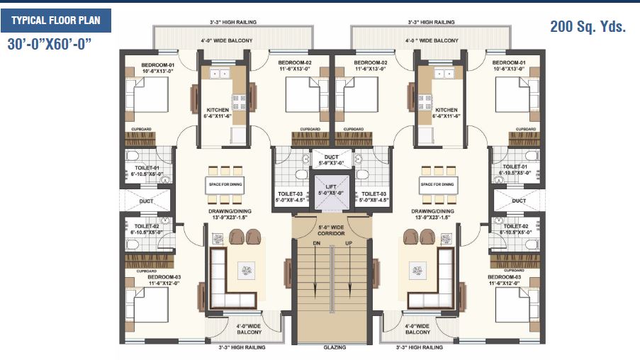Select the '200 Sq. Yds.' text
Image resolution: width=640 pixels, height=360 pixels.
[588, 27]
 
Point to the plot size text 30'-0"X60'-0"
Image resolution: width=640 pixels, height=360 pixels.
[50, 44]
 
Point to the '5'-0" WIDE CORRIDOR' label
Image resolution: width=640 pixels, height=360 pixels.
[330, 230]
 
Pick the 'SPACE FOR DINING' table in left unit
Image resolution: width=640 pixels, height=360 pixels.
[225, 184]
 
